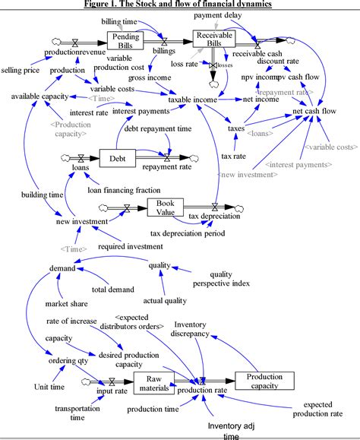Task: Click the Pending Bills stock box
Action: point(125,40)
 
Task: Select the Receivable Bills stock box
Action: point(213,39)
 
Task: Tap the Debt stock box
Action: point(117,158)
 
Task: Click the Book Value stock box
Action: point(166,207)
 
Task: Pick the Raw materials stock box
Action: point(154,384)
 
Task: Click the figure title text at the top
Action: point(179,4)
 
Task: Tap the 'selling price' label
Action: point(21,70)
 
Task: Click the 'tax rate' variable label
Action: point(232,156)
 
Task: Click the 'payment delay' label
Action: point(217,15)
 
